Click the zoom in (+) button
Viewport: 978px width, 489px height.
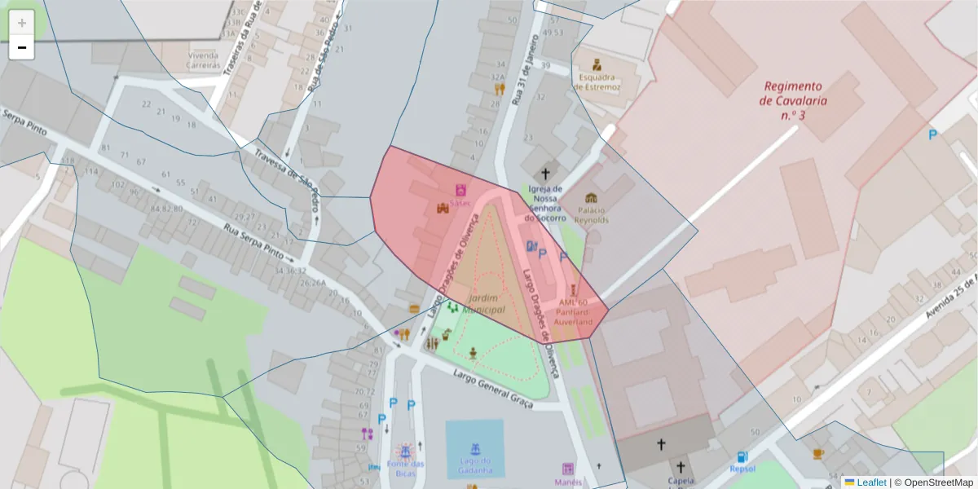[x=22, y=23]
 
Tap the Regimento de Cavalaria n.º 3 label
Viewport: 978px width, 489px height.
[x=793, y=100]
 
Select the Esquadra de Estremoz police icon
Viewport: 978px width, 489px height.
[x=597, y=64]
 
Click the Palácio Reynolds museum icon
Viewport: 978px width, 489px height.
[x=591, y=198]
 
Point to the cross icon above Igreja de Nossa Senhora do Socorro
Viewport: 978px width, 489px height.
[x=546, y=174]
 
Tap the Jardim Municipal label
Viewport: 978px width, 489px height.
[x=483, y=304]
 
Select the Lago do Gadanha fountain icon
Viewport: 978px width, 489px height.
[x=474, y=448]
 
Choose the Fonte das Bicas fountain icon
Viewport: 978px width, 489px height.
[x=404, y=450]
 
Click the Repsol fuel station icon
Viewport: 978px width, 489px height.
[x=742, y=457]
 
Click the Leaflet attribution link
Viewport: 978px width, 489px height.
[x=870, y=482]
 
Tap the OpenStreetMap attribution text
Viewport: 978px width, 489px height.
[x=934, y=482]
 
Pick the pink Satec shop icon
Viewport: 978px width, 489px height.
[x=460, y=189]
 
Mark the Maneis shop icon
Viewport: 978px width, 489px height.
[x=568, y=469]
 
